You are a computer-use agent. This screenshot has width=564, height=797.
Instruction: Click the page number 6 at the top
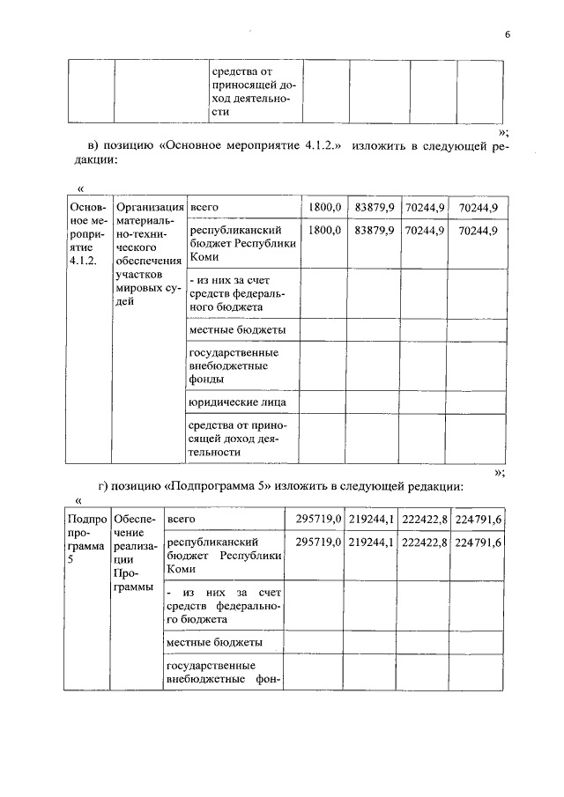tap(508, 35)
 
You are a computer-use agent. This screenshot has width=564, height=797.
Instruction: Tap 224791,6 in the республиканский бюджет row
tap(477, 543)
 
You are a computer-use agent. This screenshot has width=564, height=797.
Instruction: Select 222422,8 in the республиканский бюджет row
tap(424, 543)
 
